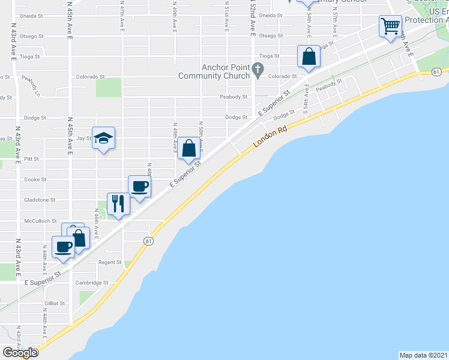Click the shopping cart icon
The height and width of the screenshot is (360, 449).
point(390,26)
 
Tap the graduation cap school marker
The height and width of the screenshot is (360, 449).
point(103,138)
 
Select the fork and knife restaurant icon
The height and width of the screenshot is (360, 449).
point(118,204)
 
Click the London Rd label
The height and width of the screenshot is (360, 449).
point(270,136)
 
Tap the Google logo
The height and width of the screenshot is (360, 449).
point(20,353)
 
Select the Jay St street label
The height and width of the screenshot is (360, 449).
point(84,138)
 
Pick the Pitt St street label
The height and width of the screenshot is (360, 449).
point(32,159)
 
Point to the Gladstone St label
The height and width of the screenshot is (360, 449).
point(40,200)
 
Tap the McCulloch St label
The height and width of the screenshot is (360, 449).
point(40,221)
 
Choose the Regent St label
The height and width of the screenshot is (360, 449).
point(110,262)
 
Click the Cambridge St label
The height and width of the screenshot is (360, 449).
point(91,283)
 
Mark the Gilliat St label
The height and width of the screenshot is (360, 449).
point(55,303)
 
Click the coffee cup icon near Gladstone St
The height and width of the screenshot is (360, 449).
point(140,186)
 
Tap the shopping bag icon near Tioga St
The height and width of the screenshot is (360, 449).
point(309,57)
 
